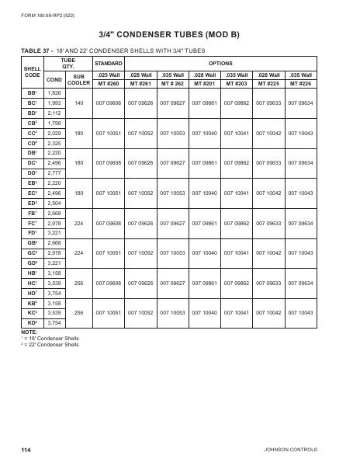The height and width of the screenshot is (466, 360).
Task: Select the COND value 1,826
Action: pos(54,92)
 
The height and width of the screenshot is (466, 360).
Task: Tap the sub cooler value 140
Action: pos(78,103)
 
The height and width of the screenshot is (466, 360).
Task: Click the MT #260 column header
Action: pos(108,83)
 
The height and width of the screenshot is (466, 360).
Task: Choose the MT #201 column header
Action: pos(204,83)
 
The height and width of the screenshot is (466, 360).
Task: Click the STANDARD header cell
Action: pos(108,61)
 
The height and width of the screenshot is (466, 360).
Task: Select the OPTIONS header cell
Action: pos(220,61)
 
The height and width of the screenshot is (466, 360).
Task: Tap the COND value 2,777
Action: pos(54,173)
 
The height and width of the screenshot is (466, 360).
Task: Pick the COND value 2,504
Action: pos(54,203)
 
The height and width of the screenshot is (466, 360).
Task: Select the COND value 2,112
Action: pos(54,113)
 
